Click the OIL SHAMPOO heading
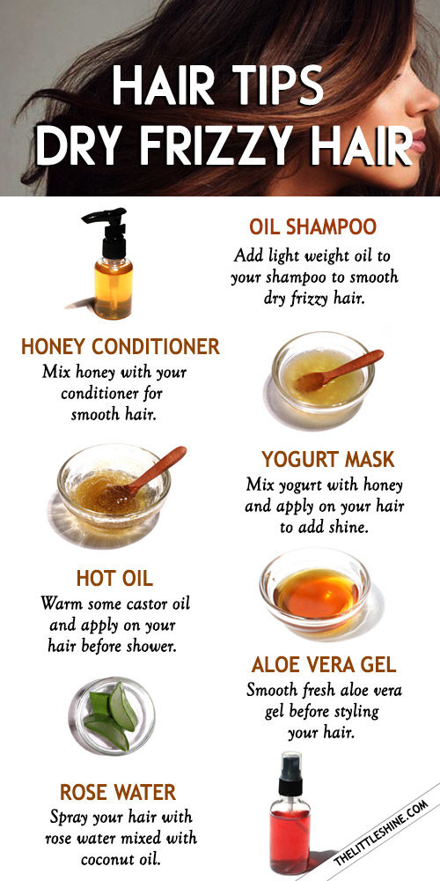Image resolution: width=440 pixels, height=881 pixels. coord(312,227)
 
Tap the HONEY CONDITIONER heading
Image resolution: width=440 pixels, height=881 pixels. coord(120,346)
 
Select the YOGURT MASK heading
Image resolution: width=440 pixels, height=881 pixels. coord(327,459)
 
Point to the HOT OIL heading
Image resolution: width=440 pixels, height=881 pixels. coord(114,578)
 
